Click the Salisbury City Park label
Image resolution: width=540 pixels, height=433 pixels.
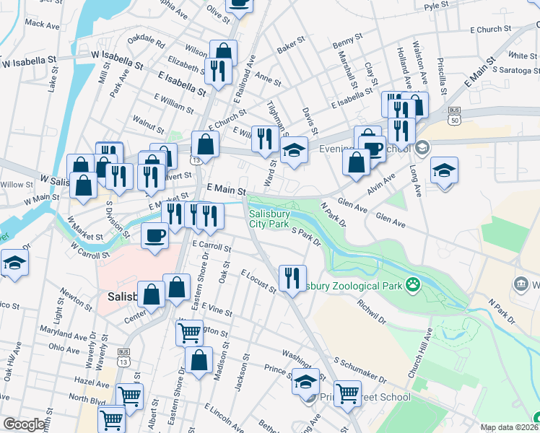tap(269, 219)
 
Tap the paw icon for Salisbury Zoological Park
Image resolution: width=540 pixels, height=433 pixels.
tap(413, 285)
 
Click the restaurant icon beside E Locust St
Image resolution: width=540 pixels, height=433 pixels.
tap(292, 277)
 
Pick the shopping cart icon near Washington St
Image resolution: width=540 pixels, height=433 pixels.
tap(189, 333)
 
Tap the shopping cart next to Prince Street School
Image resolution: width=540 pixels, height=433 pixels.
tap(347, 393)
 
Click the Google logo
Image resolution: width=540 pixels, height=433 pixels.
tap(25, 424)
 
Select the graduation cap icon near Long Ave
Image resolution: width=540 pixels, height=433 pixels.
tap(444, 171)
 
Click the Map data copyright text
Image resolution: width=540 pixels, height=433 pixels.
tap(510, 427)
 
